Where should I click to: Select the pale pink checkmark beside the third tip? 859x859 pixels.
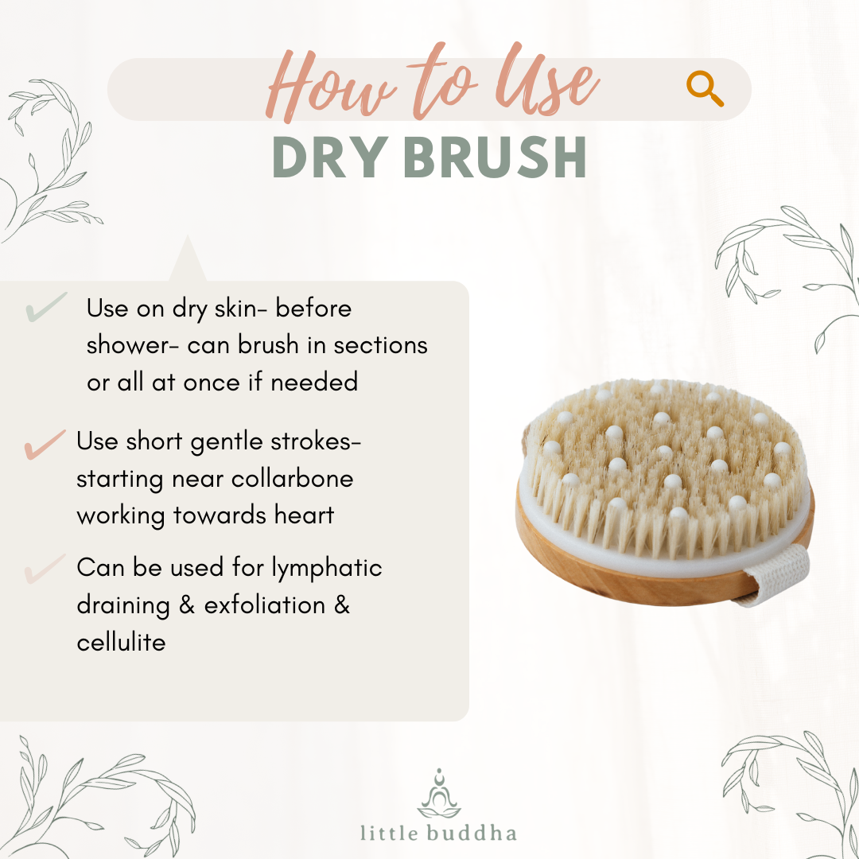[x=45, y=569]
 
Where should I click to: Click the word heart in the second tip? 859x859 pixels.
[x=301, y=515]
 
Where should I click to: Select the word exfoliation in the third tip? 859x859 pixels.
[x=265, y=605]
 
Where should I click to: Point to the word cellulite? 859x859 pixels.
[x=121, y=642]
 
